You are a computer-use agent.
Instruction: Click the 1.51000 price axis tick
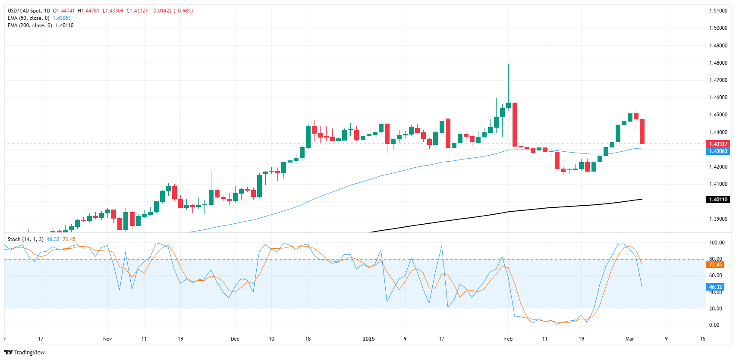718,11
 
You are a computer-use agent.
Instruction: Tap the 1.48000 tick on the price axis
718,63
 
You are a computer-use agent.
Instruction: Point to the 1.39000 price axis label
718,219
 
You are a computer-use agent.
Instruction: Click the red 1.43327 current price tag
717,144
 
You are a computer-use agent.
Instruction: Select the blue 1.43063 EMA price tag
717,151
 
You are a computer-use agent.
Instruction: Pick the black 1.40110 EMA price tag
717,200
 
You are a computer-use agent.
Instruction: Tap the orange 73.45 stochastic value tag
715,265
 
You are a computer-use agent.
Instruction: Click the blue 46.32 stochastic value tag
715,287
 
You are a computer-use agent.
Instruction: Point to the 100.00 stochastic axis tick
717,243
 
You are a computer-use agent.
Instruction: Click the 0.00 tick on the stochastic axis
714,325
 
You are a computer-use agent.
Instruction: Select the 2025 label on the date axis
368,339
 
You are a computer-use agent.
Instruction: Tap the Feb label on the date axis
508,339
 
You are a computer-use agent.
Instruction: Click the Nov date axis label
107,339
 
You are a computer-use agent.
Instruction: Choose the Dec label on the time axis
235,339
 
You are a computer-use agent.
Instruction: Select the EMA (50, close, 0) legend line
29,18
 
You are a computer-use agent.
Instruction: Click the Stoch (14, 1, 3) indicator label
25,239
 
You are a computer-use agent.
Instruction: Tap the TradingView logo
25,352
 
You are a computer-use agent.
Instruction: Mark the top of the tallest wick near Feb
508,64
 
